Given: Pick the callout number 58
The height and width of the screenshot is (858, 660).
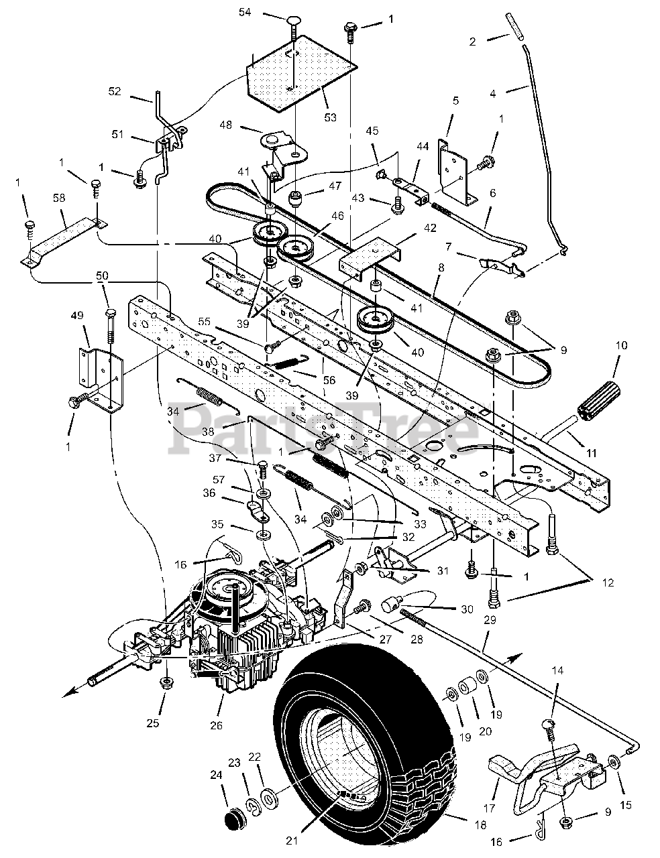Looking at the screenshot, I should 60,199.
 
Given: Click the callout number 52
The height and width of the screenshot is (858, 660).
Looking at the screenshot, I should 115,91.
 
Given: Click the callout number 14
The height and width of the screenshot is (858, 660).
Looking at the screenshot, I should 558,670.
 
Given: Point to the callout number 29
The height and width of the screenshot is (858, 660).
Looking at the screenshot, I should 491,621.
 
